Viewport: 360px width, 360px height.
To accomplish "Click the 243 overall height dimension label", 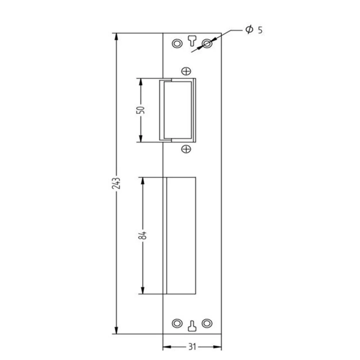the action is point(116,183).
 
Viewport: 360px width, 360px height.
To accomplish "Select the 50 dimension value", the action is point(141,110).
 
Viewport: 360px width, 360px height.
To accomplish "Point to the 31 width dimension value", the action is point(192,347).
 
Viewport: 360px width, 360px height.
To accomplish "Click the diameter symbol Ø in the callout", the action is point(249,30).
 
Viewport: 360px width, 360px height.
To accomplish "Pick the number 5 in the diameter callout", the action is point(260,30).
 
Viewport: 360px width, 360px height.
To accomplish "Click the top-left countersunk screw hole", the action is point(177,43).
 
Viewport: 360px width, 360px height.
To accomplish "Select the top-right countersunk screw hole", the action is point(207,43).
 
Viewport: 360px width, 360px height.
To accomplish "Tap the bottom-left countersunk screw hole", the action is point(177,323).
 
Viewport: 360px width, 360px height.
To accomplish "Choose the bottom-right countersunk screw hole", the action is point(207,323).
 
